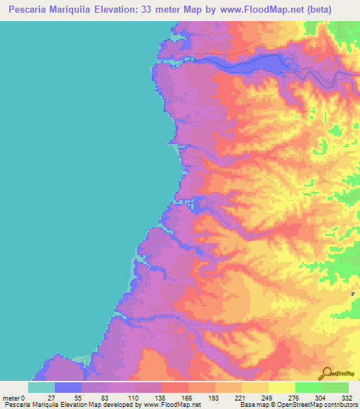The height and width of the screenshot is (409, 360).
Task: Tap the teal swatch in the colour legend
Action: tap(41, 387)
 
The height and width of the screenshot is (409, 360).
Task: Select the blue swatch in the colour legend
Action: tap(68, 387)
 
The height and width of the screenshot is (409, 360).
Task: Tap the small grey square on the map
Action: tap(352, 294)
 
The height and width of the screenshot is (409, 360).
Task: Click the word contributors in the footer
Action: tap(340, 405)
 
